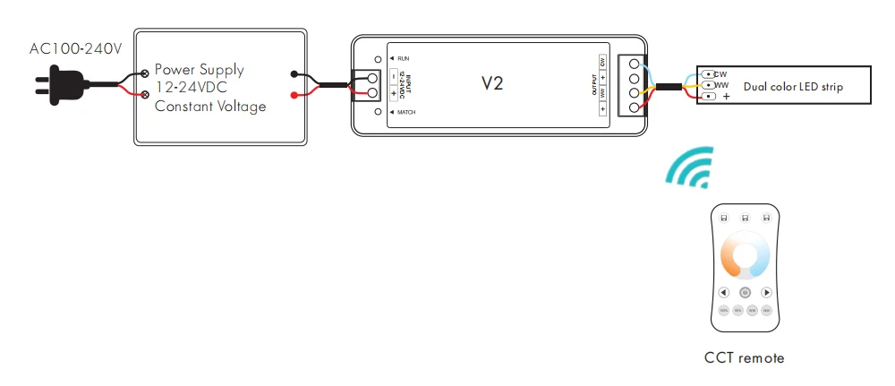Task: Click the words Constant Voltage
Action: click(x=210, y=107)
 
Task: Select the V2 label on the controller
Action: click(x=492, y=84)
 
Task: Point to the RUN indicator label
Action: click(x=404, y=57)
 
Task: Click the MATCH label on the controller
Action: click(x=407, y=112)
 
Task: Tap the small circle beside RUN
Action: click(x=379, y=59)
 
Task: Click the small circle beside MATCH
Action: click(x=379, y=113)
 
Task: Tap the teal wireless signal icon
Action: click(x=690, y=167)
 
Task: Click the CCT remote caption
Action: click(x=744, y=358)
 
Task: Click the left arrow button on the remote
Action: click(x=723, y=292)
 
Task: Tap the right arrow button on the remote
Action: click(x=767, y=292)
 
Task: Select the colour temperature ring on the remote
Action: click(x=745, y=254)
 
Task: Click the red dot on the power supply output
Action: click(x=294, y=94)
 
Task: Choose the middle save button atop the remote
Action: click(x=745, y=218)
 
